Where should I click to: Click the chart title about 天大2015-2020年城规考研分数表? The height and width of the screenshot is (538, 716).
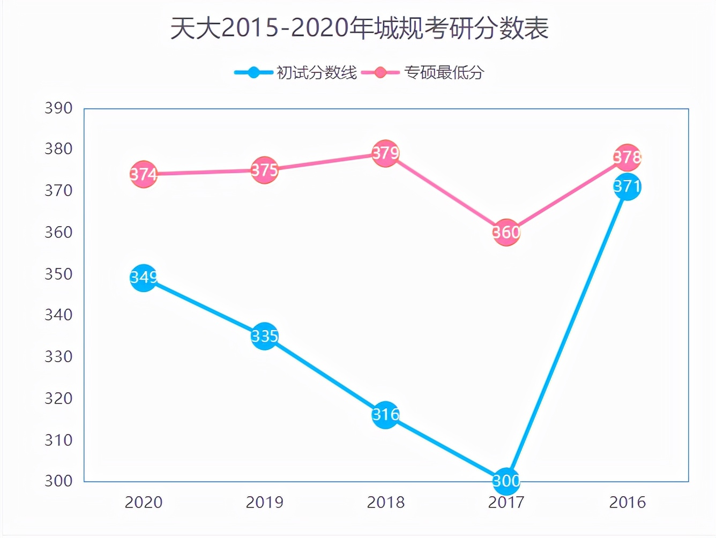(x=359, y=28)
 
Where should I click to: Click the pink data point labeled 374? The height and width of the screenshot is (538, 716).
(x=144, y=174)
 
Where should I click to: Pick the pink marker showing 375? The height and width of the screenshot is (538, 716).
(x=265, y=170)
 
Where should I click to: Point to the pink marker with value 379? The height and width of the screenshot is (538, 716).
(x=386, y=153)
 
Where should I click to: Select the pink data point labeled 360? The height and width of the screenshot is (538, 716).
(x=506, y=233)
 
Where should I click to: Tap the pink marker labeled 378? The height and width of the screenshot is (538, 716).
(x=627, y=158)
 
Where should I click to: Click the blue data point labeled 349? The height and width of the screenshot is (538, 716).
(x=144, y=278)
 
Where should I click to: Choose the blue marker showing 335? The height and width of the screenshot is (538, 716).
(x=265, y=336)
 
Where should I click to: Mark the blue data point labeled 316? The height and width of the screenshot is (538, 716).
(x=386, y=415)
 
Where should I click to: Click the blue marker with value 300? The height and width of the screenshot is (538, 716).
(x=506, y=481)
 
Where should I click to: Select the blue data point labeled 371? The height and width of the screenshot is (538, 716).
(x=627, y=186)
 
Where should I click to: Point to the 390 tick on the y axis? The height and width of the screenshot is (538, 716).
(x=58, y=108)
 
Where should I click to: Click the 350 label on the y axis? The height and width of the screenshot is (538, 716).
(x=58, y=274)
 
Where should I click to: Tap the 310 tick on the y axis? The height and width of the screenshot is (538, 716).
(x=58, y=440)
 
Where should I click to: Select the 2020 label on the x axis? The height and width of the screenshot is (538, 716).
(x=144, y=503)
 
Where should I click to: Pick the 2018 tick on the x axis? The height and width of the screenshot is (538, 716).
(x=386, y=503)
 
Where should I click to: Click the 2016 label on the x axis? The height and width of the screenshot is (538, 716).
(x=627, y=503)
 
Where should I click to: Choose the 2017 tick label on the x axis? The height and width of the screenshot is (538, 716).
(x=506, y=503)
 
